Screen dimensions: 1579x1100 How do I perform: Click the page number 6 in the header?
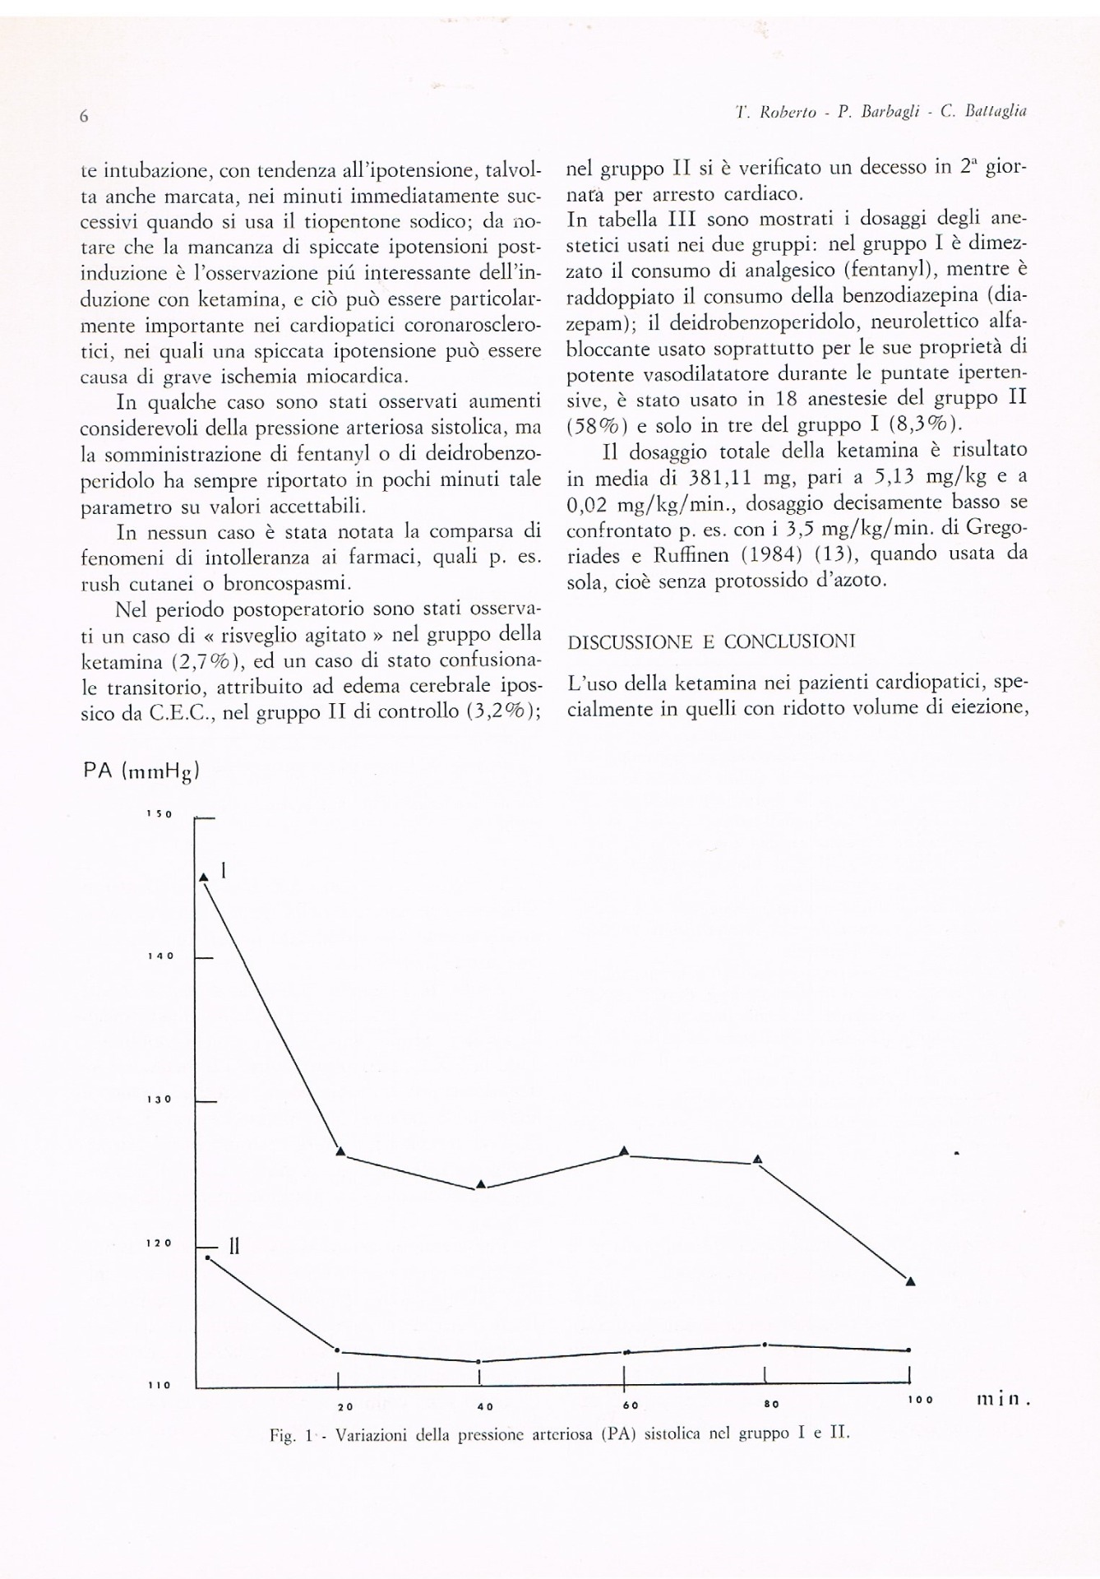[84, 118]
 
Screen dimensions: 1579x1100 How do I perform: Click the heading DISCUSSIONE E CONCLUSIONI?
[711, 642]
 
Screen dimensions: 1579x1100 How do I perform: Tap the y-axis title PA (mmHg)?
[142, 771]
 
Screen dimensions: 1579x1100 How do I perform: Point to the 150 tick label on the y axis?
[159, 814]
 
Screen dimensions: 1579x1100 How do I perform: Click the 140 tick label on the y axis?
[159, 956]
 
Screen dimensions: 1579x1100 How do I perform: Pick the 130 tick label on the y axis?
[159, 1100]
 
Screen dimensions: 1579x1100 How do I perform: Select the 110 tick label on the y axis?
[159, 1385]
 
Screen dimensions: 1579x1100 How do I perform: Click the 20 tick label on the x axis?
[345, 1407]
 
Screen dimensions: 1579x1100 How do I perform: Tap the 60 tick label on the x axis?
[631, 1405]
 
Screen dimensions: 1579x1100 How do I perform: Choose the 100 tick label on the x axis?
[921, 1400]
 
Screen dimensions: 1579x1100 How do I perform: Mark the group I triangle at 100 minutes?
[910, 1281]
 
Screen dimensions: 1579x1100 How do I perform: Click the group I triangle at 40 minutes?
[481, 1184]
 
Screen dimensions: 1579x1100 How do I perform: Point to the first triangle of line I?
[204, 877]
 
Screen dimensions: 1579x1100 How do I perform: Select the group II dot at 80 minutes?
[765, 1345]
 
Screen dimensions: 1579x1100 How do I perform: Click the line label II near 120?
[233, 1247]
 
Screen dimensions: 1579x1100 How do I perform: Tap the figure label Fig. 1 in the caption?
[291, 1435]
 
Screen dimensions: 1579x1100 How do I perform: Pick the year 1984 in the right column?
[772, 554]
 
